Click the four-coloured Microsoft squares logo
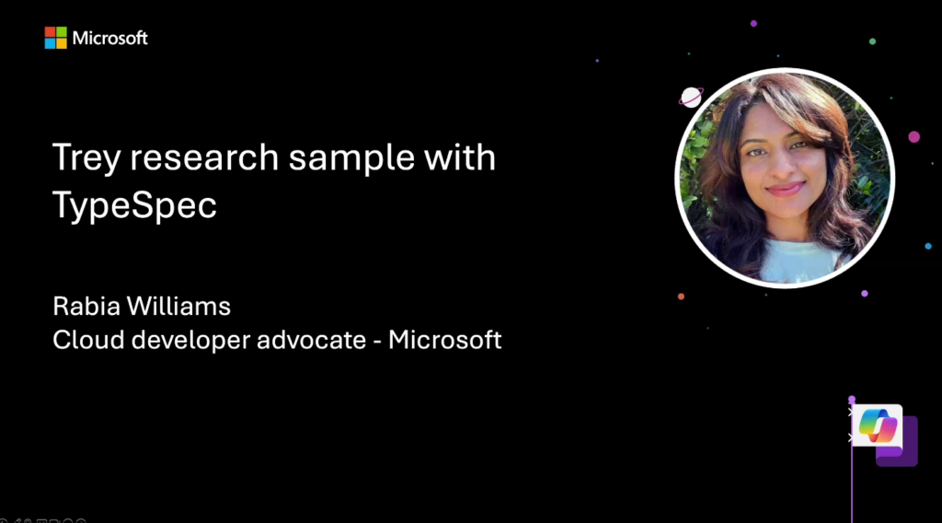point(55,38)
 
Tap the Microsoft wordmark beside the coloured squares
point(110,38)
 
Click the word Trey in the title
point(86,158)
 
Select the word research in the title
point(204,157)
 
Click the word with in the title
point(460,157)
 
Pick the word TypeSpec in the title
point(134,205)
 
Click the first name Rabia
point(86,306)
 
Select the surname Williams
point(178,306)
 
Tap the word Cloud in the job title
point(88,340)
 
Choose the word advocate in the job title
point(311,340)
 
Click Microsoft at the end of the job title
point(444,340)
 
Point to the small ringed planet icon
point(691,97)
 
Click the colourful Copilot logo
point(878,425)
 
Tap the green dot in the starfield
point(872,41)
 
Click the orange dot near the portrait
point(681,296)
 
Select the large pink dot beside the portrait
point(913,137)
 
